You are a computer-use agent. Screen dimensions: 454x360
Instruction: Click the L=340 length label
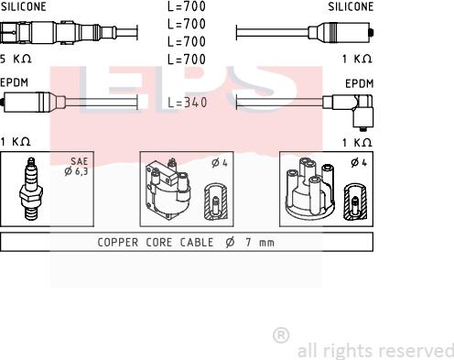(x=188, y=103)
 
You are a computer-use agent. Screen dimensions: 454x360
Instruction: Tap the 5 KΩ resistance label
(x=16, y=59)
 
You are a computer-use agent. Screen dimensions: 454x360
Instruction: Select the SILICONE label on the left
(x=23, y=6)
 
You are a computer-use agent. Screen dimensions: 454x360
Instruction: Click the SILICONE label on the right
(x=351, y=6)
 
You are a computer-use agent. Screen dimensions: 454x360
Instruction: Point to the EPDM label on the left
(x=14, y=82)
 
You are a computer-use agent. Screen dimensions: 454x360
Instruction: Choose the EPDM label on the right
(x=359, y=83)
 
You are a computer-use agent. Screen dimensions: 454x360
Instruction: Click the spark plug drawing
(x=30, y=189)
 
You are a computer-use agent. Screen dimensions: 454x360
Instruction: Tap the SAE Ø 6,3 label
(x=77, y=167)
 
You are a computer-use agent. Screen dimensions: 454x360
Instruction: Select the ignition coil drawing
(x=168, y=189)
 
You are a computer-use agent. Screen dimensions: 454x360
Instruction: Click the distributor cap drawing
(x=310, y=188)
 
